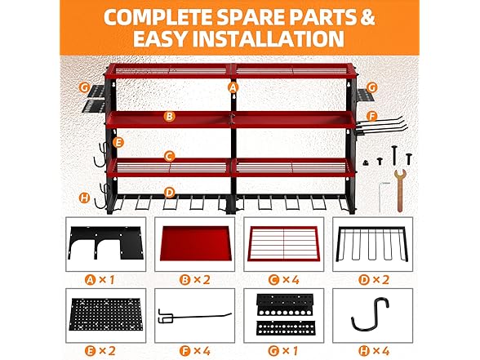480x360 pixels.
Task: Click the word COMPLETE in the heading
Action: tap(158, 17)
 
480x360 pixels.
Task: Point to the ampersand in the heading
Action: tap(367, 17)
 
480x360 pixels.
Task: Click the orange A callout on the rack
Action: tap(233, 87)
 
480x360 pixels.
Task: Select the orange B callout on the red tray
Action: tap(169, 116)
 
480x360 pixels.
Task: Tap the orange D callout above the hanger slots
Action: tap(169, 193)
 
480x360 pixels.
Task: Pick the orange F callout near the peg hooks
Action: tap(372, 117)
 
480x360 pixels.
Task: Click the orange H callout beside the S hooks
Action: tap(85, 198)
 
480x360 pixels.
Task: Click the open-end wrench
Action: tap(399, 190)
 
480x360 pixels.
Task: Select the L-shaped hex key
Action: tap(381, 197)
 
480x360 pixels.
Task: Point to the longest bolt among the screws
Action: tap(394, 156)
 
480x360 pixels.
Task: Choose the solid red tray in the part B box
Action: tap(194, 243)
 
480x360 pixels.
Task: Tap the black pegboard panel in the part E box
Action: tap(106, 315)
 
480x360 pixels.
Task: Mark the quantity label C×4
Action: tap(284, 280)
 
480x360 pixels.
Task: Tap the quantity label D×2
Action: tap(374, 280)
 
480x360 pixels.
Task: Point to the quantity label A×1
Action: tap(100, 280)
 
